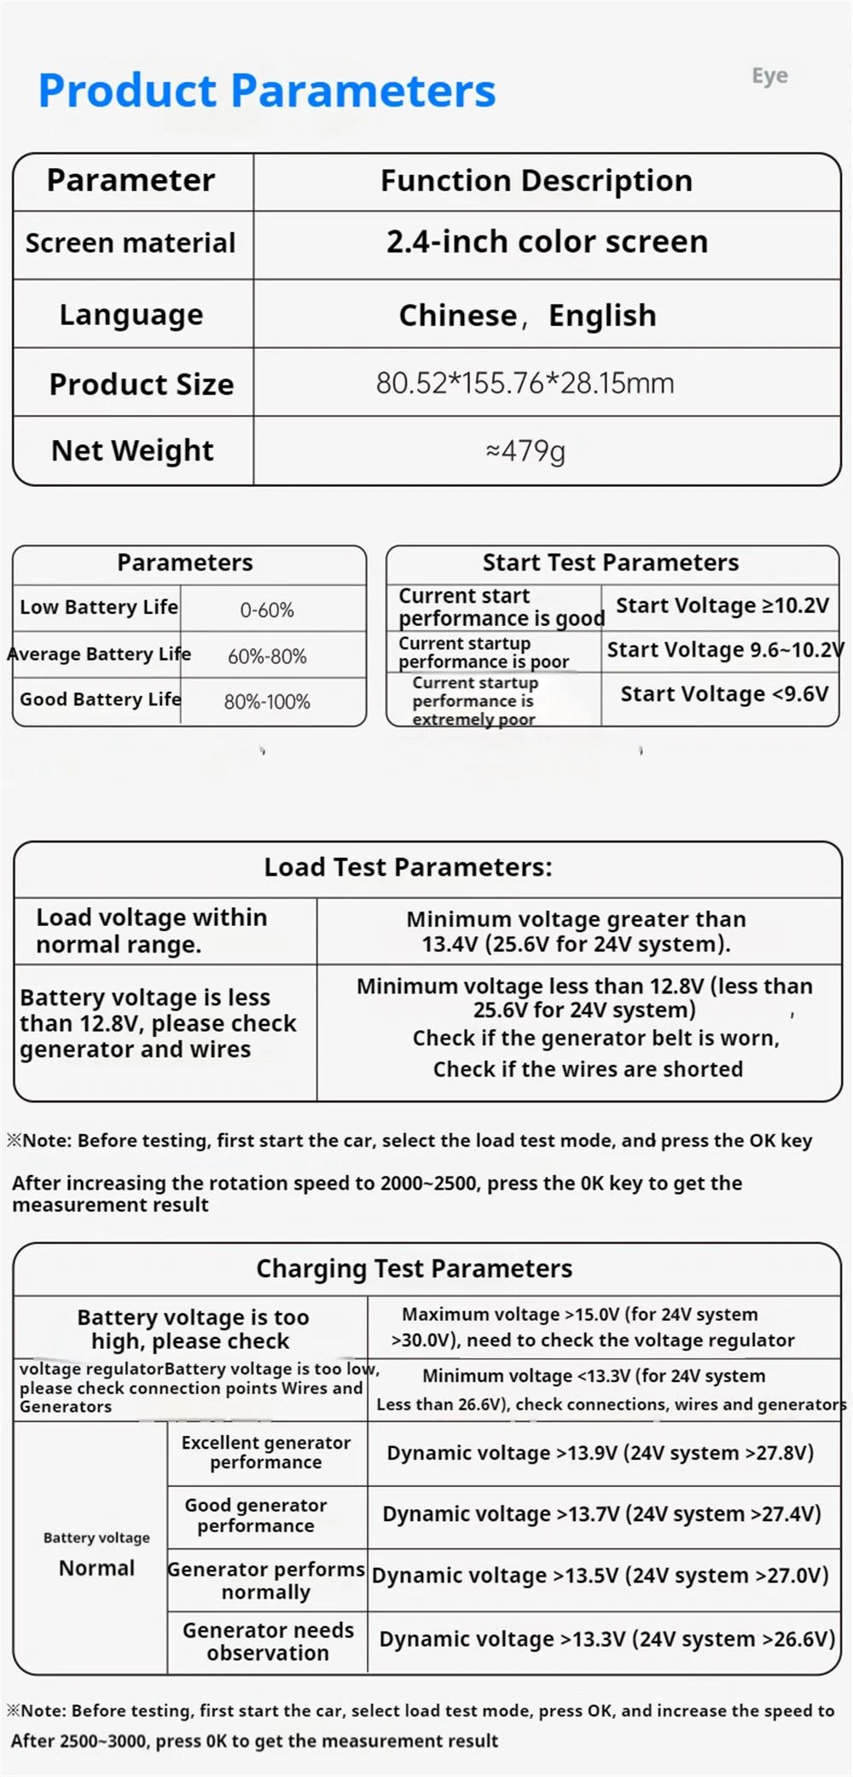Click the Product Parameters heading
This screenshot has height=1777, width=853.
coord(267,90)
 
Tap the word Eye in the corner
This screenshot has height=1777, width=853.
coord(769,76)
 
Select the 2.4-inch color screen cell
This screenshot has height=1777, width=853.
coord(547,242)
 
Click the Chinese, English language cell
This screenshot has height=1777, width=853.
coord(527,315)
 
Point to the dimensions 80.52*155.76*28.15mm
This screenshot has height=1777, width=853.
coord(525,383)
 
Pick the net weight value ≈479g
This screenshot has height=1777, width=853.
coord(525,450)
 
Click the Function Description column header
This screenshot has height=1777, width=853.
coord(536,181)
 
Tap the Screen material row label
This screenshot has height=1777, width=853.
coord(131,243)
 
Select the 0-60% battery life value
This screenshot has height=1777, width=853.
coord(267,610)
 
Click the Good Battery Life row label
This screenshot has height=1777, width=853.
coord(100,699)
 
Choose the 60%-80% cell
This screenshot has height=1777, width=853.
coord(267,656)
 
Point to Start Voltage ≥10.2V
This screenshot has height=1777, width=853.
coord(722,605)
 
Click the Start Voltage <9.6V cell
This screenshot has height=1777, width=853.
coord(724,694)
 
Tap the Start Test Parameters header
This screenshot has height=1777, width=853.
coord(611,563)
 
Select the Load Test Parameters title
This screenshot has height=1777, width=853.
coord(408,867)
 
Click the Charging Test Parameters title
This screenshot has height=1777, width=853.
coord(415,1269)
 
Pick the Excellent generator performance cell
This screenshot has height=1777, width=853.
coord(266,1452)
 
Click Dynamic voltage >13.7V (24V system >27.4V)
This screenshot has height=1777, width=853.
coord(601,1514)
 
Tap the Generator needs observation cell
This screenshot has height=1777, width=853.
coord(268,1641)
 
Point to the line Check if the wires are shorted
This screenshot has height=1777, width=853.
coord(588,1069)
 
